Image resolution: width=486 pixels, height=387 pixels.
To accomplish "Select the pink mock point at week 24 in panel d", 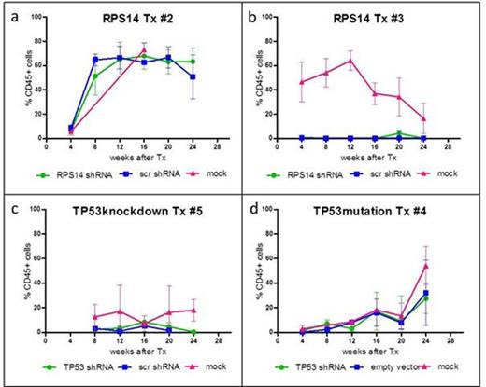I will point(452,266).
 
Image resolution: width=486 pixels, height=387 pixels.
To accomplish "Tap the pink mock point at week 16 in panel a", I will point(144,49).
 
